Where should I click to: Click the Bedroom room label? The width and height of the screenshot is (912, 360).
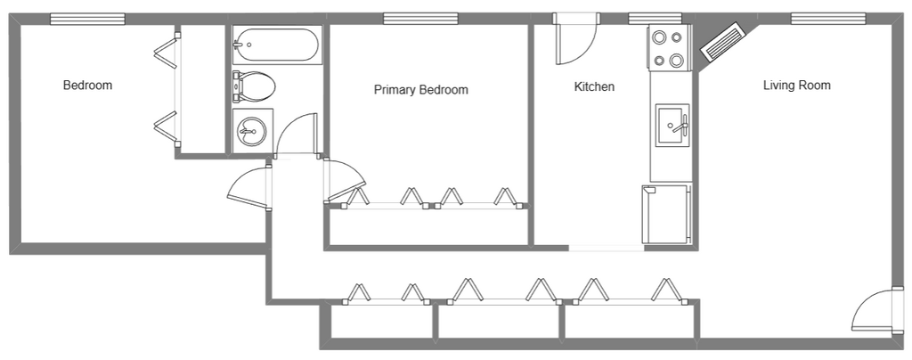tap(87, 85)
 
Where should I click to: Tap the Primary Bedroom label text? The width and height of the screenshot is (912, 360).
tap(420, 90)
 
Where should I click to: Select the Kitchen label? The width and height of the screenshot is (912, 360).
tap(594, 86)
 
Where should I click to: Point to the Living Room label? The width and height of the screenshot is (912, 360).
tap(796, 86)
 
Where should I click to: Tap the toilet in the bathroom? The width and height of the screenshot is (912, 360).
tap(254, 86)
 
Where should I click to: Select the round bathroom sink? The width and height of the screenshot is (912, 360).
tap(252, 130)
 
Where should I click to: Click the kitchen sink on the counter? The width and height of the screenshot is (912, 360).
tap(672, 125)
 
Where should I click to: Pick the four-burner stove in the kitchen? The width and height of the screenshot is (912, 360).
tap(669, 48)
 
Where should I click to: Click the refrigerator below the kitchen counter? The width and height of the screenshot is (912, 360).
tap(666, 215)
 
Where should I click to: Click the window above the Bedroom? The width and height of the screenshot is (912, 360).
tap(87, 20)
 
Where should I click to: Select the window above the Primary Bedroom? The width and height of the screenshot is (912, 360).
tap(420, 20)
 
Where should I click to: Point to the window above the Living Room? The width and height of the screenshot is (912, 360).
tap(828, 20)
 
